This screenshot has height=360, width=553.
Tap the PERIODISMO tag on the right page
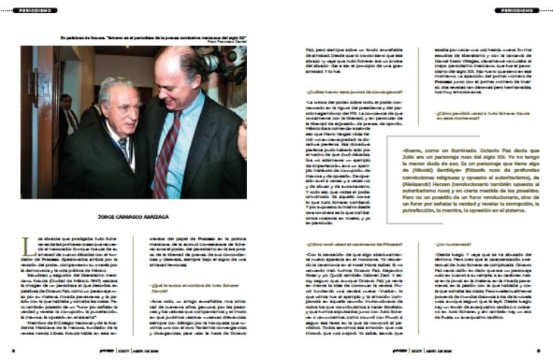click(516, 10)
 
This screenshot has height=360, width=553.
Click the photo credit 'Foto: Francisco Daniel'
click(226, 41)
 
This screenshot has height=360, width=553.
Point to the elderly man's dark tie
click(125, 148)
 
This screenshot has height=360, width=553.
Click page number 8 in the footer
click(14, 352)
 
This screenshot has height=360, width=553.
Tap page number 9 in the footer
click(538, 352)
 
